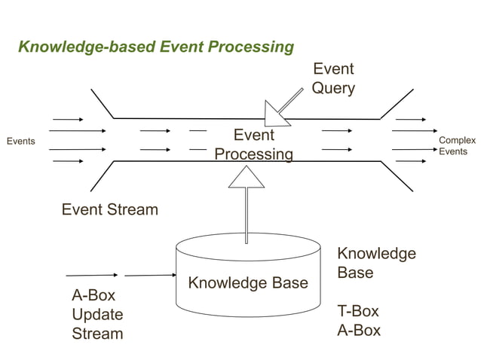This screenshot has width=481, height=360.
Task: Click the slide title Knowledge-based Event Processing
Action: (x=155, y=47)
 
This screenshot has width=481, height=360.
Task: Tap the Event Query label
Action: (x=332, y=78)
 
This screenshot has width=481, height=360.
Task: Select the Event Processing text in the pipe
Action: (x=253, y=145)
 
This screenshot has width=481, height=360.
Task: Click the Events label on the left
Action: (x=20, y=141)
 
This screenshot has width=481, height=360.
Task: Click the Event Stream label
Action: (x=109, y=209)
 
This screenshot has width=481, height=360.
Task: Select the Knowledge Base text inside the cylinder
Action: (x=247, y=283)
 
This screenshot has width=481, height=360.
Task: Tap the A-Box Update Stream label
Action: (x=97, y=314)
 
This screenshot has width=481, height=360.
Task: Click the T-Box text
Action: (x=357, y=311)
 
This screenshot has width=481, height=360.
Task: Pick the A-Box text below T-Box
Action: (x=358, y=331)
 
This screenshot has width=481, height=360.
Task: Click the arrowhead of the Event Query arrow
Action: (x=276, y=114)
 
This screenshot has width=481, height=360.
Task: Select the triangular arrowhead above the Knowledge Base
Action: (x=247, y=176)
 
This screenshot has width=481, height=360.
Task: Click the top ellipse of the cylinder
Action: (x=248, y=246)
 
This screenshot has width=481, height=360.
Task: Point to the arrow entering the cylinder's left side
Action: (x=150, y=275)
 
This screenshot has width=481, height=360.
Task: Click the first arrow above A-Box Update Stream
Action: (x=91, y=275)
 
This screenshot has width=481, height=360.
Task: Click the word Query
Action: (x=332, y=88)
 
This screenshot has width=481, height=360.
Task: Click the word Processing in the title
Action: (x=251, y=47)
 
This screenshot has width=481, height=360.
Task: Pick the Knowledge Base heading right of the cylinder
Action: (x=375, y=263)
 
